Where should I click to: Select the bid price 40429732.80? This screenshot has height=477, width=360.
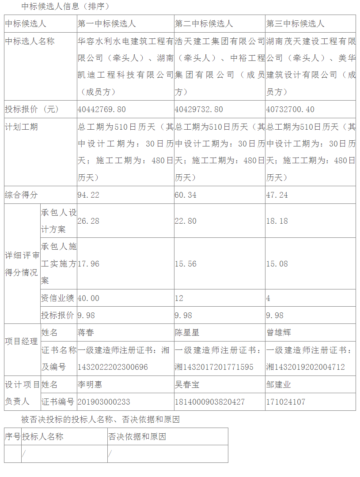coord(199,109)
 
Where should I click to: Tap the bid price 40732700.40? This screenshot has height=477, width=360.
coord(290,109)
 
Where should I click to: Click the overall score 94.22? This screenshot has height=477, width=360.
coord(89,195)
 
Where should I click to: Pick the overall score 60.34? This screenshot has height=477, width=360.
coord(186,195)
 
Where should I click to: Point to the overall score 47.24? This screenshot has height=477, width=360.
coord(277,195)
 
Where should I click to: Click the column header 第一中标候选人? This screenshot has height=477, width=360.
coord(107,24)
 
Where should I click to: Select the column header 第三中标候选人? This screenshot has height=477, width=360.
coord(295,24)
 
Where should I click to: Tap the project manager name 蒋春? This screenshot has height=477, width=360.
coord(86,333)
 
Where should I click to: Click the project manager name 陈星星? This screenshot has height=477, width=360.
coord(187,333)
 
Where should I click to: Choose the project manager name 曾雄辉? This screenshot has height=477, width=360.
coord(279,333)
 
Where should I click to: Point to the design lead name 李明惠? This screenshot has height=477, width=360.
coord(90,385)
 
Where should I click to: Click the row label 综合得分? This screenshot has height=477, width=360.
coord(21,195)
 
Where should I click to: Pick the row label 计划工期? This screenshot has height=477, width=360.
coord(21,127)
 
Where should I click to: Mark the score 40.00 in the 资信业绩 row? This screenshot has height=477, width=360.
coord(89,298)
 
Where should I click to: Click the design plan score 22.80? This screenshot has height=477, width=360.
coord(186,221)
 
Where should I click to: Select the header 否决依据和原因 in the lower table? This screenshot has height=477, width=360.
coord(137,437)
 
